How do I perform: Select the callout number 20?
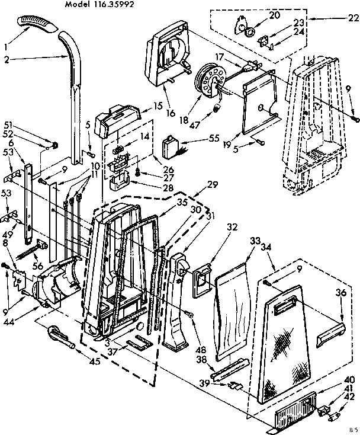[x=258, y=15]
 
